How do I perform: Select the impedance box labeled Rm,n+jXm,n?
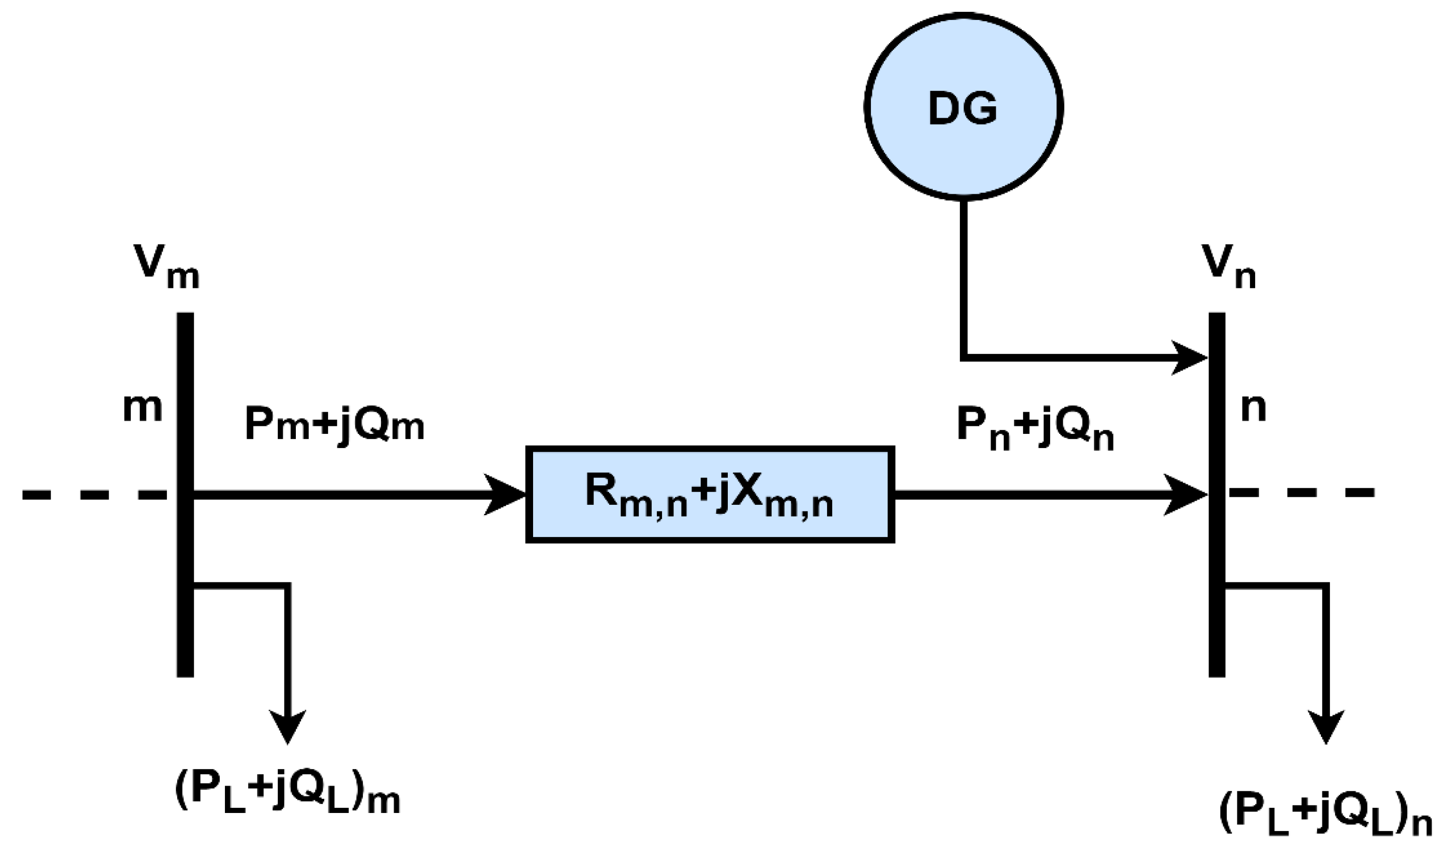(710, 494)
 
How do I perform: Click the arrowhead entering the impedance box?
(503, 494)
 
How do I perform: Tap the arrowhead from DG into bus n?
(1189, 358)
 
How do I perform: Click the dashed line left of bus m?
(92, 494)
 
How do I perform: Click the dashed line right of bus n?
(1303, 493)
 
